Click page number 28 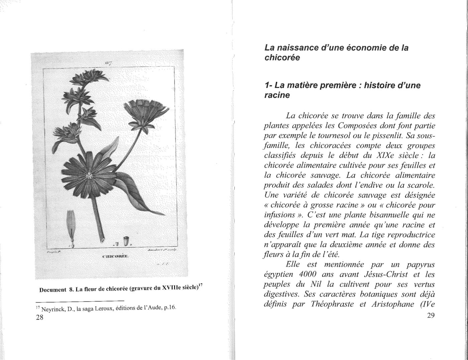tap(39, 317)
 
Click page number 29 tap(431, 316)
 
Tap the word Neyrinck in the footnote tap(52, 309)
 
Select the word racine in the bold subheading tap(277, 95)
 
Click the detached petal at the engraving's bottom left tap(71, 227)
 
